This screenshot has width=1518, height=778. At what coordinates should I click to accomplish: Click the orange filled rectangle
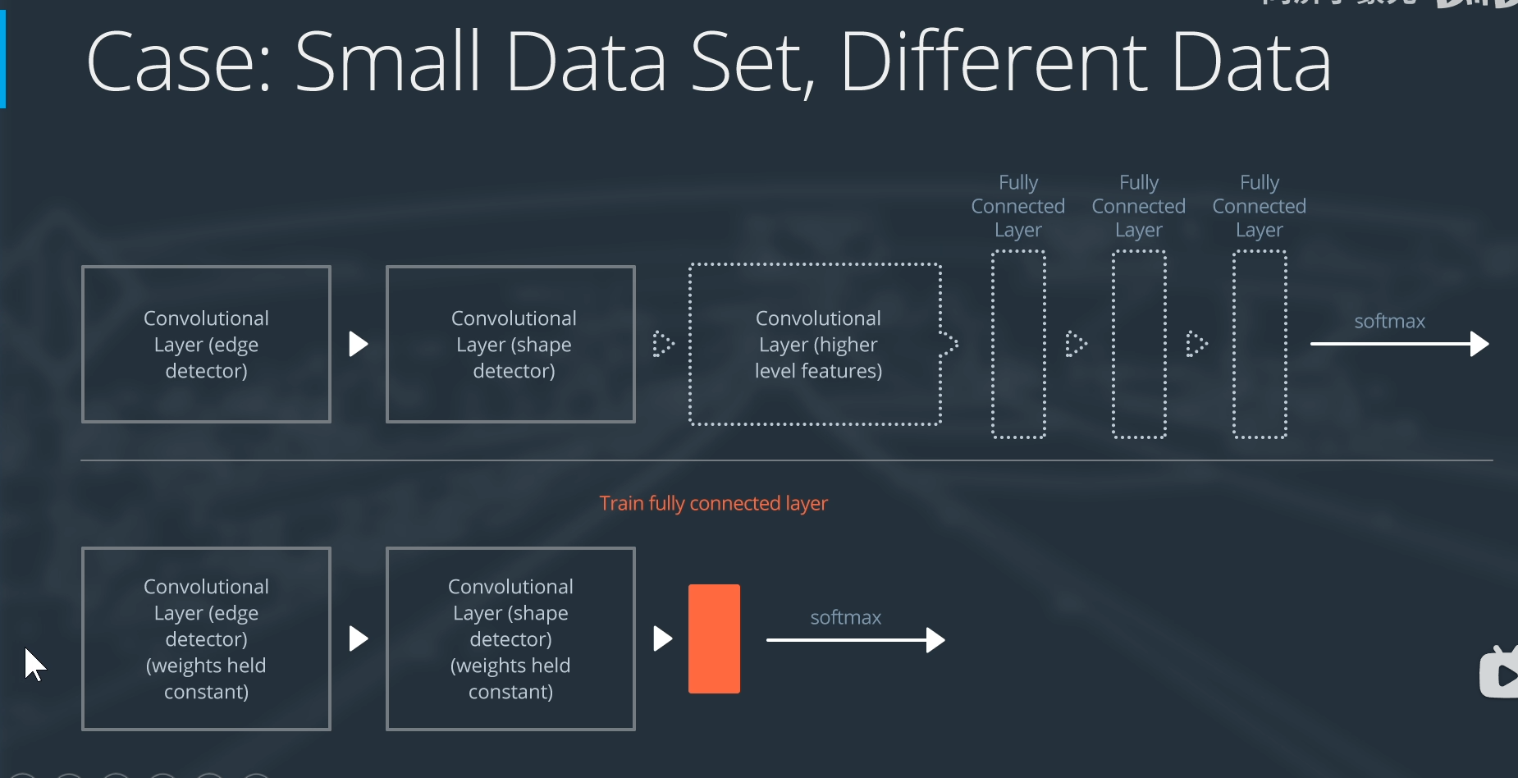click(x=714, y=638)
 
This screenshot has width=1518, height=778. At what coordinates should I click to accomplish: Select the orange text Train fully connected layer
click(x=713, y=503)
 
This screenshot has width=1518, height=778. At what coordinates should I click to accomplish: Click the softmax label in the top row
click(x=1389, y=321)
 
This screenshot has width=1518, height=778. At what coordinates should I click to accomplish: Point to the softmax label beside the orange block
click(x=845, y=617)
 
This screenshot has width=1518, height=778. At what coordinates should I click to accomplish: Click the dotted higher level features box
click(x=816, y=344)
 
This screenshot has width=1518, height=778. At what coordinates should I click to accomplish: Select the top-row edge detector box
click(x=206, y=344)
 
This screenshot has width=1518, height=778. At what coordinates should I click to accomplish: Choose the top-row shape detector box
click(x=510, y=344)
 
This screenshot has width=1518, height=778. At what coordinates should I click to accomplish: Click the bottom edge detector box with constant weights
click(x=206, y=638)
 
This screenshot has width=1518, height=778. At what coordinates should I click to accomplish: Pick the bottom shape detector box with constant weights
click(x=510, y=638)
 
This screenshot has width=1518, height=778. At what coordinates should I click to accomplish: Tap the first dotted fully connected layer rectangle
click(x=1018, y=344)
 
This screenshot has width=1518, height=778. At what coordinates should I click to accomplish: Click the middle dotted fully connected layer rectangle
click(x=1139, y=344)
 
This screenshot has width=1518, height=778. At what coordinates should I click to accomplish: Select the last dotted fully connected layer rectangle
click(x=1260, y=344)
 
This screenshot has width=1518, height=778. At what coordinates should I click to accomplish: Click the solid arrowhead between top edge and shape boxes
click(x=358, y=344)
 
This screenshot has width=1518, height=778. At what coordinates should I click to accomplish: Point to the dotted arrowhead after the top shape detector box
click(x=662, y=344)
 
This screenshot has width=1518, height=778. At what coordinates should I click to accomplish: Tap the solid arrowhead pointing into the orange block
click(x=662, y=638)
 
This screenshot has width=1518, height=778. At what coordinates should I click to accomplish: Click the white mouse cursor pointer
click(x=33, y=663)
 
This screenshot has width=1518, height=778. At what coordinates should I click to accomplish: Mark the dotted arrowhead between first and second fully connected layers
click(x=1076, y=344)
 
